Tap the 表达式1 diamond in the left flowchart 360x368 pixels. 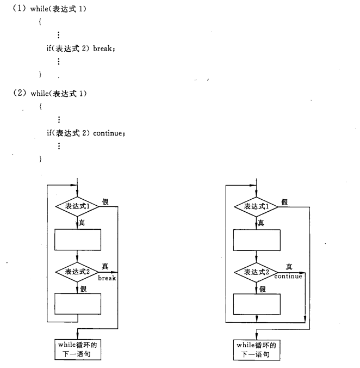click(x=78, y=207)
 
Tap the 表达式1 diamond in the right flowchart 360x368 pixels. click(x=256, y=207)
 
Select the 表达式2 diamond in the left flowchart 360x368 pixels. click(x=78, y=271)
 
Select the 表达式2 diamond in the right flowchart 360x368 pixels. click(x=256, y=271)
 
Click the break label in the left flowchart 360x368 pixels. click(x=107, y=278)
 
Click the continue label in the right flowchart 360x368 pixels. click(x=288, y=277)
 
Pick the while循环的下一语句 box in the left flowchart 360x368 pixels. click(x=78, y=349)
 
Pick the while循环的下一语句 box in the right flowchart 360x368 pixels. click(x=256, y=349)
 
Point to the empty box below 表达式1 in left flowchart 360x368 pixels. click(x=78, y=239)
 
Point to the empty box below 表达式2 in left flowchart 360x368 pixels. click(x=78, y=303)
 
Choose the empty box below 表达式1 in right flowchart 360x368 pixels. click(x=256, y=239)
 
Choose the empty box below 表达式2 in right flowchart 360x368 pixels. click(x=256, y=303)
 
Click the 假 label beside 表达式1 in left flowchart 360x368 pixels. click(x=105, y=201)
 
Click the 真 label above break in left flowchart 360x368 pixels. click(x=105, y=266)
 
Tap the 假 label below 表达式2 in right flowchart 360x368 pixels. click(x=263, y=289)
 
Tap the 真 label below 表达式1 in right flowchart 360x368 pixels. click(x=262, y=223)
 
